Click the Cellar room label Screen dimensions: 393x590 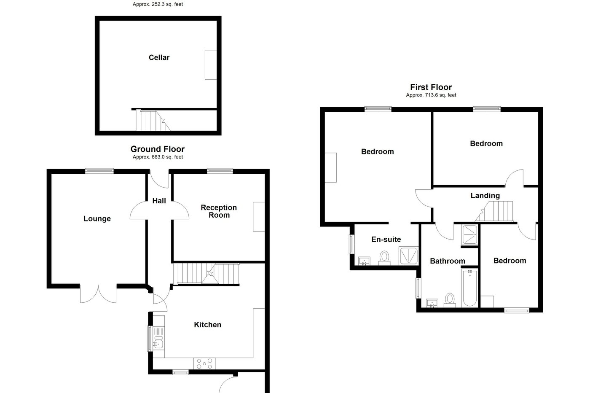pos(159,58)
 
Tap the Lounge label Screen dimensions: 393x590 pos(97,218)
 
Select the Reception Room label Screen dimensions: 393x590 pos(219,211)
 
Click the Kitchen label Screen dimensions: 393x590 pos(207,325)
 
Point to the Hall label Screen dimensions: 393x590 pos(159,201)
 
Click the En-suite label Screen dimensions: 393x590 pos(386,240)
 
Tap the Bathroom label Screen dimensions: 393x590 pos(447,261)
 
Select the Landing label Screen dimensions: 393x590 pos(485,196)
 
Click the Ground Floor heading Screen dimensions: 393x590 pos(157,149)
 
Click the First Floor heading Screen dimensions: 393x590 pos(431,87)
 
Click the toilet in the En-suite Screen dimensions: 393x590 pos(384,258)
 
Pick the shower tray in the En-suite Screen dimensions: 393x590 pos(409,256)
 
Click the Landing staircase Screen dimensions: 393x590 pos(497,211)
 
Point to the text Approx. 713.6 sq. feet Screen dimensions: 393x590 pos(431,95)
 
